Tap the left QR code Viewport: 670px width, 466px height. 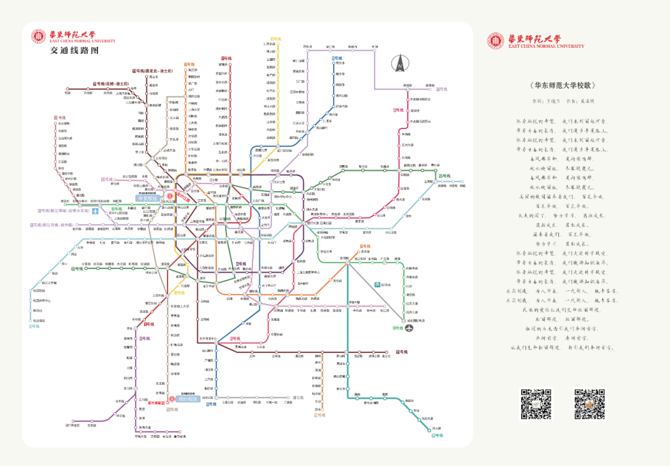click(x=535, y=404)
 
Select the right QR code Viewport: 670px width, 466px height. click(x=589, y=404)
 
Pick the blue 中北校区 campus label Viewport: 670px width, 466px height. click(x=148, y=199)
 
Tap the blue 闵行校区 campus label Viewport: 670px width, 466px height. click(x=187, y=399)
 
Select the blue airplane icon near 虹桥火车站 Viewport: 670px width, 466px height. click(x=96, y=211)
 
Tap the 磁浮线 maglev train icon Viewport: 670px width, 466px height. click(x=377, y=284)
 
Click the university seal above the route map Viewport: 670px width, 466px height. click(x=40, y=36)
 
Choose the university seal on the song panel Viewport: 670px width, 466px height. click(x=495, y=41)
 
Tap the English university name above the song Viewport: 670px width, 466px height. click(x=546, y=46)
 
